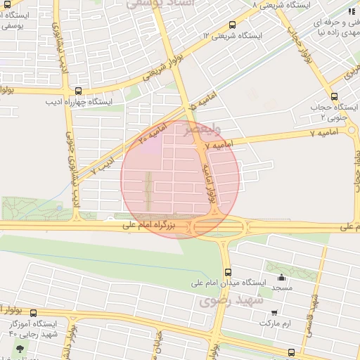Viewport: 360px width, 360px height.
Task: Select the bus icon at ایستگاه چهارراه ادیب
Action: (x=77, y=91)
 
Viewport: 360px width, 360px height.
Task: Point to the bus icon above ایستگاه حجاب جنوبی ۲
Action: (x=333, y=97)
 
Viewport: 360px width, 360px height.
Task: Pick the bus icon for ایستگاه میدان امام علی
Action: (x=227, y=272)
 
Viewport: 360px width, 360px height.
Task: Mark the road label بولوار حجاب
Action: (x=296, y=32)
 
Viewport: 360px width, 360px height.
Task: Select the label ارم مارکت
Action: (x=274, y=323)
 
